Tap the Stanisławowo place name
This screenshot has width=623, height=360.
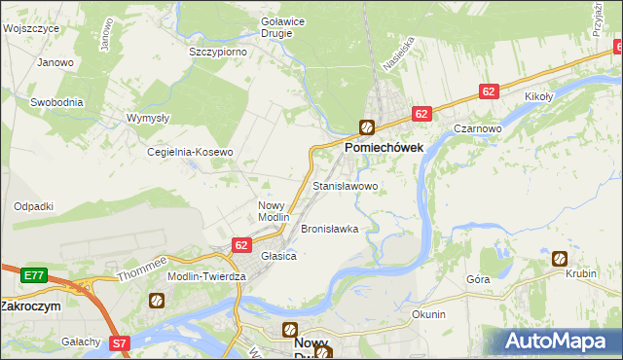coord(345,185)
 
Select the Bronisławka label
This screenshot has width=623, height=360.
coord(329,230)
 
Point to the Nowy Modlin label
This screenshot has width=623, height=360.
coord(274,211)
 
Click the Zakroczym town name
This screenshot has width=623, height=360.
coord(31,306)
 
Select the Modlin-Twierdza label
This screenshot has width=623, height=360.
coord(206,276)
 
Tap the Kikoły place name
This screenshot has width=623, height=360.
coord(538,97)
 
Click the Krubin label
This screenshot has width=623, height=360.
coord(580,274)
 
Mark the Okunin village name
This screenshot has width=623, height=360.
coord(428,314)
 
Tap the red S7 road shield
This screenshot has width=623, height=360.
coord(119,342)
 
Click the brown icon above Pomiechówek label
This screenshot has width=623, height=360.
coord(367,126)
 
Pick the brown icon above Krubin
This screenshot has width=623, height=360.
coord(560,258)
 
